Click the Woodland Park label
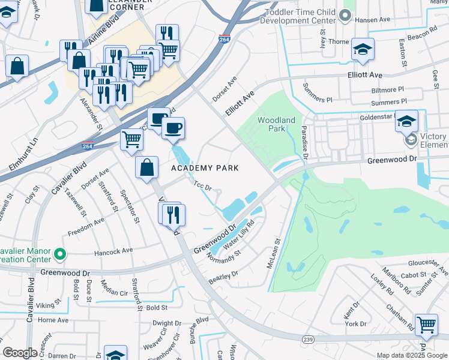pyautogui.click(x=276, y=124)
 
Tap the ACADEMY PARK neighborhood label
pyautogui.click(x=205, y=168)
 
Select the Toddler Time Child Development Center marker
pyautogui.click(x=345, y=16)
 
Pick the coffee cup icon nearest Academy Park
pyautogui.click(x=173, y=128)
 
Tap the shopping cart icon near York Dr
pyautogui.click(x=426, y=325)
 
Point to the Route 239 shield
pyautogui.click(x=308, y=340)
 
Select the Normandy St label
pyautogui.click(x=224, y=257)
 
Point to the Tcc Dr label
pyautogui.click(x=203, y=187)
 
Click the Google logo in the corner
pyautogui.click(x=20, y=353)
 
